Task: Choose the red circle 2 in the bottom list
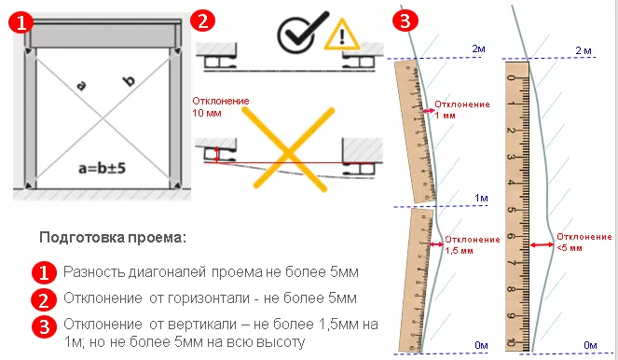[x=43, y=299]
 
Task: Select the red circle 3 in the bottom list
[x=43, y=326]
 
